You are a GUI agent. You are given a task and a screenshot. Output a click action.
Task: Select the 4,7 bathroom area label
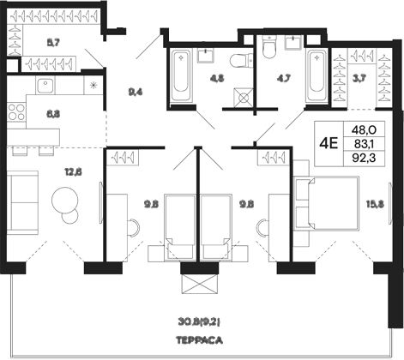point(280,83)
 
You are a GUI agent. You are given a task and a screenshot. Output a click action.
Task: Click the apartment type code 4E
point(327,144)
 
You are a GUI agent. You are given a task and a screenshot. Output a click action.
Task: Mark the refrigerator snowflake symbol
point(93,85)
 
